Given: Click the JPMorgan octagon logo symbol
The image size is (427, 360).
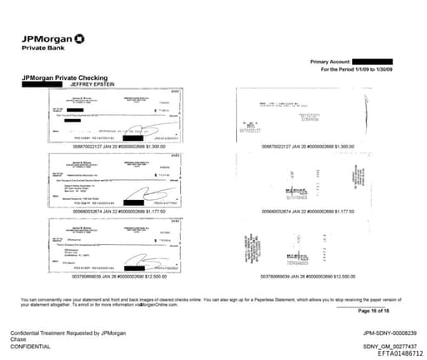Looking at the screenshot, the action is coord(79,37).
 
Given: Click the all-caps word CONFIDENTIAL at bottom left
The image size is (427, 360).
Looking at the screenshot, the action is coord(34,346).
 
